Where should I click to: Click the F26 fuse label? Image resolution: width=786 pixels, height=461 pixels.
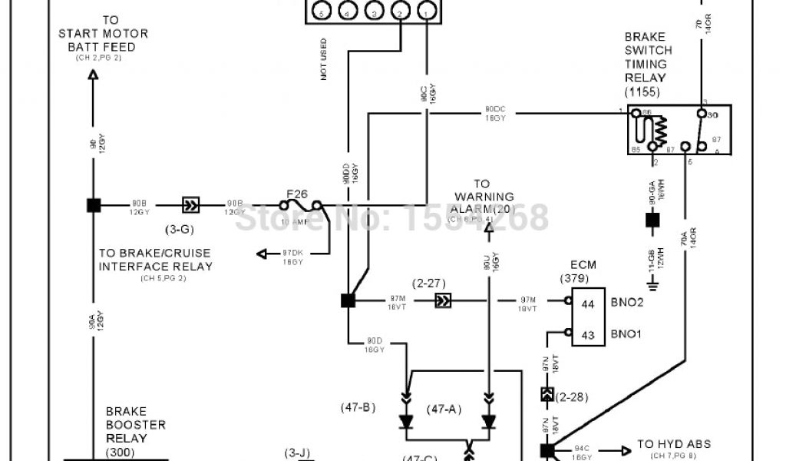point(296,193)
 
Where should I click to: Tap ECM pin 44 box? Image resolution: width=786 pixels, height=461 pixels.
point(587,304)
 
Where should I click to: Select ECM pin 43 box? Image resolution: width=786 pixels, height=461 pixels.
point(587,335)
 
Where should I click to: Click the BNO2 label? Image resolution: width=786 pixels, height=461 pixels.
point(629,304)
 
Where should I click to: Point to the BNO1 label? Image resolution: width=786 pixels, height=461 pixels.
point(629,335)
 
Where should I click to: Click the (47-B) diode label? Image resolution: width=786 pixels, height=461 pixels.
point(358,407)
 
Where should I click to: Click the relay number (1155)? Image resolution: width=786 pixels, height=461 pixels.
point(641,92)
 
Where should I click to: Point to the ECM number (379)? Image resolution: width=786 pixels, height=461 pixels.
point(583,278)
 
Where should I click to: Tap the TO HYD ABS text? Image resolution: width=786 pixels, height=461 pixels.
point(674,444)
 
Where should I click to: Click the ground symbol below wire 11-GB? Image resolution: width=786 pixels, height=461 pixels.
point(652,287)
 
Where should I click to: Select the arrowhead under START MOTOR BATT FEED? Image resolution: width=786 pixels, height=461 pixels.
point(92,75)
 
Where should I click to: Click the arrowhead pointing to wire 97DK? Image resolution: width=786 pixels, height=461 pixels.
point(261,255)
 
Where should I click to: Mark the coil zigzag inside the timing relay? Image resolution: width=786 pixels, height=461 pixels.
point(660,131)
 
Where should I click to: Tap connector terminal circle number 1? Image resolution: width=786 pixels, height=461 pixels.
point(427,11)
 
